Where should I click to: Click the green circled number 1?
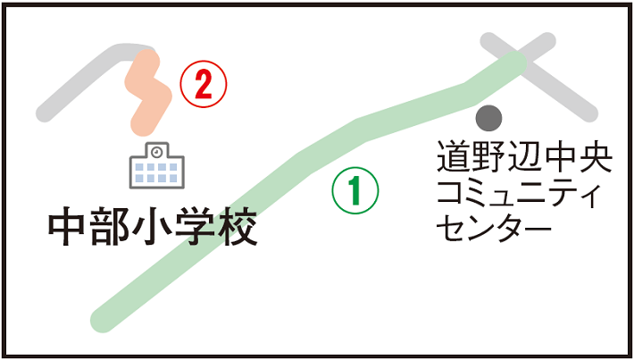(x=355, y=190)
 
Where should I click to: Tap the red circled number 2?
(x=204, y=86)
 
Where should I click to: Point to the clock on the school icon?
(x=157, y=152)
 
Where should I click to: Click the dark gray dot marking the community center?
(x=488, y=116)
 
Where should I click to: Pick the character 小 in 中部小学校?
(x=153, y=229)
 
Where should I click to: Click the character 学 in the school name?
(x=196, y=229)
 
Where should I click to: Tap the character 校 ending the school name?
(x=238, y=229)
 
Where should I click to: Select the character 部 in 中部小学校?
(x=110, y=229)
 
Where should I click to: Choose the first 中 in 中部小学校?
(x=68, y=229)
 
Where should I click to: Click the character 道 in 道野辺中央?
(x=454, y=158)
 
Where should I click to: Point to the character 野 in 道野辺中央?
(x=489, y=158)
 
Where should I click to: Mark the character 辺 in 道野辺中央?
(x=525, y=158)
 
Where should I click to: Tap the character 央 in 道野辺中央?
(x=596, y=158)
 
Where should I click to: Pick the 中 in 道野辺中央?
(x=561, y=158)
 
